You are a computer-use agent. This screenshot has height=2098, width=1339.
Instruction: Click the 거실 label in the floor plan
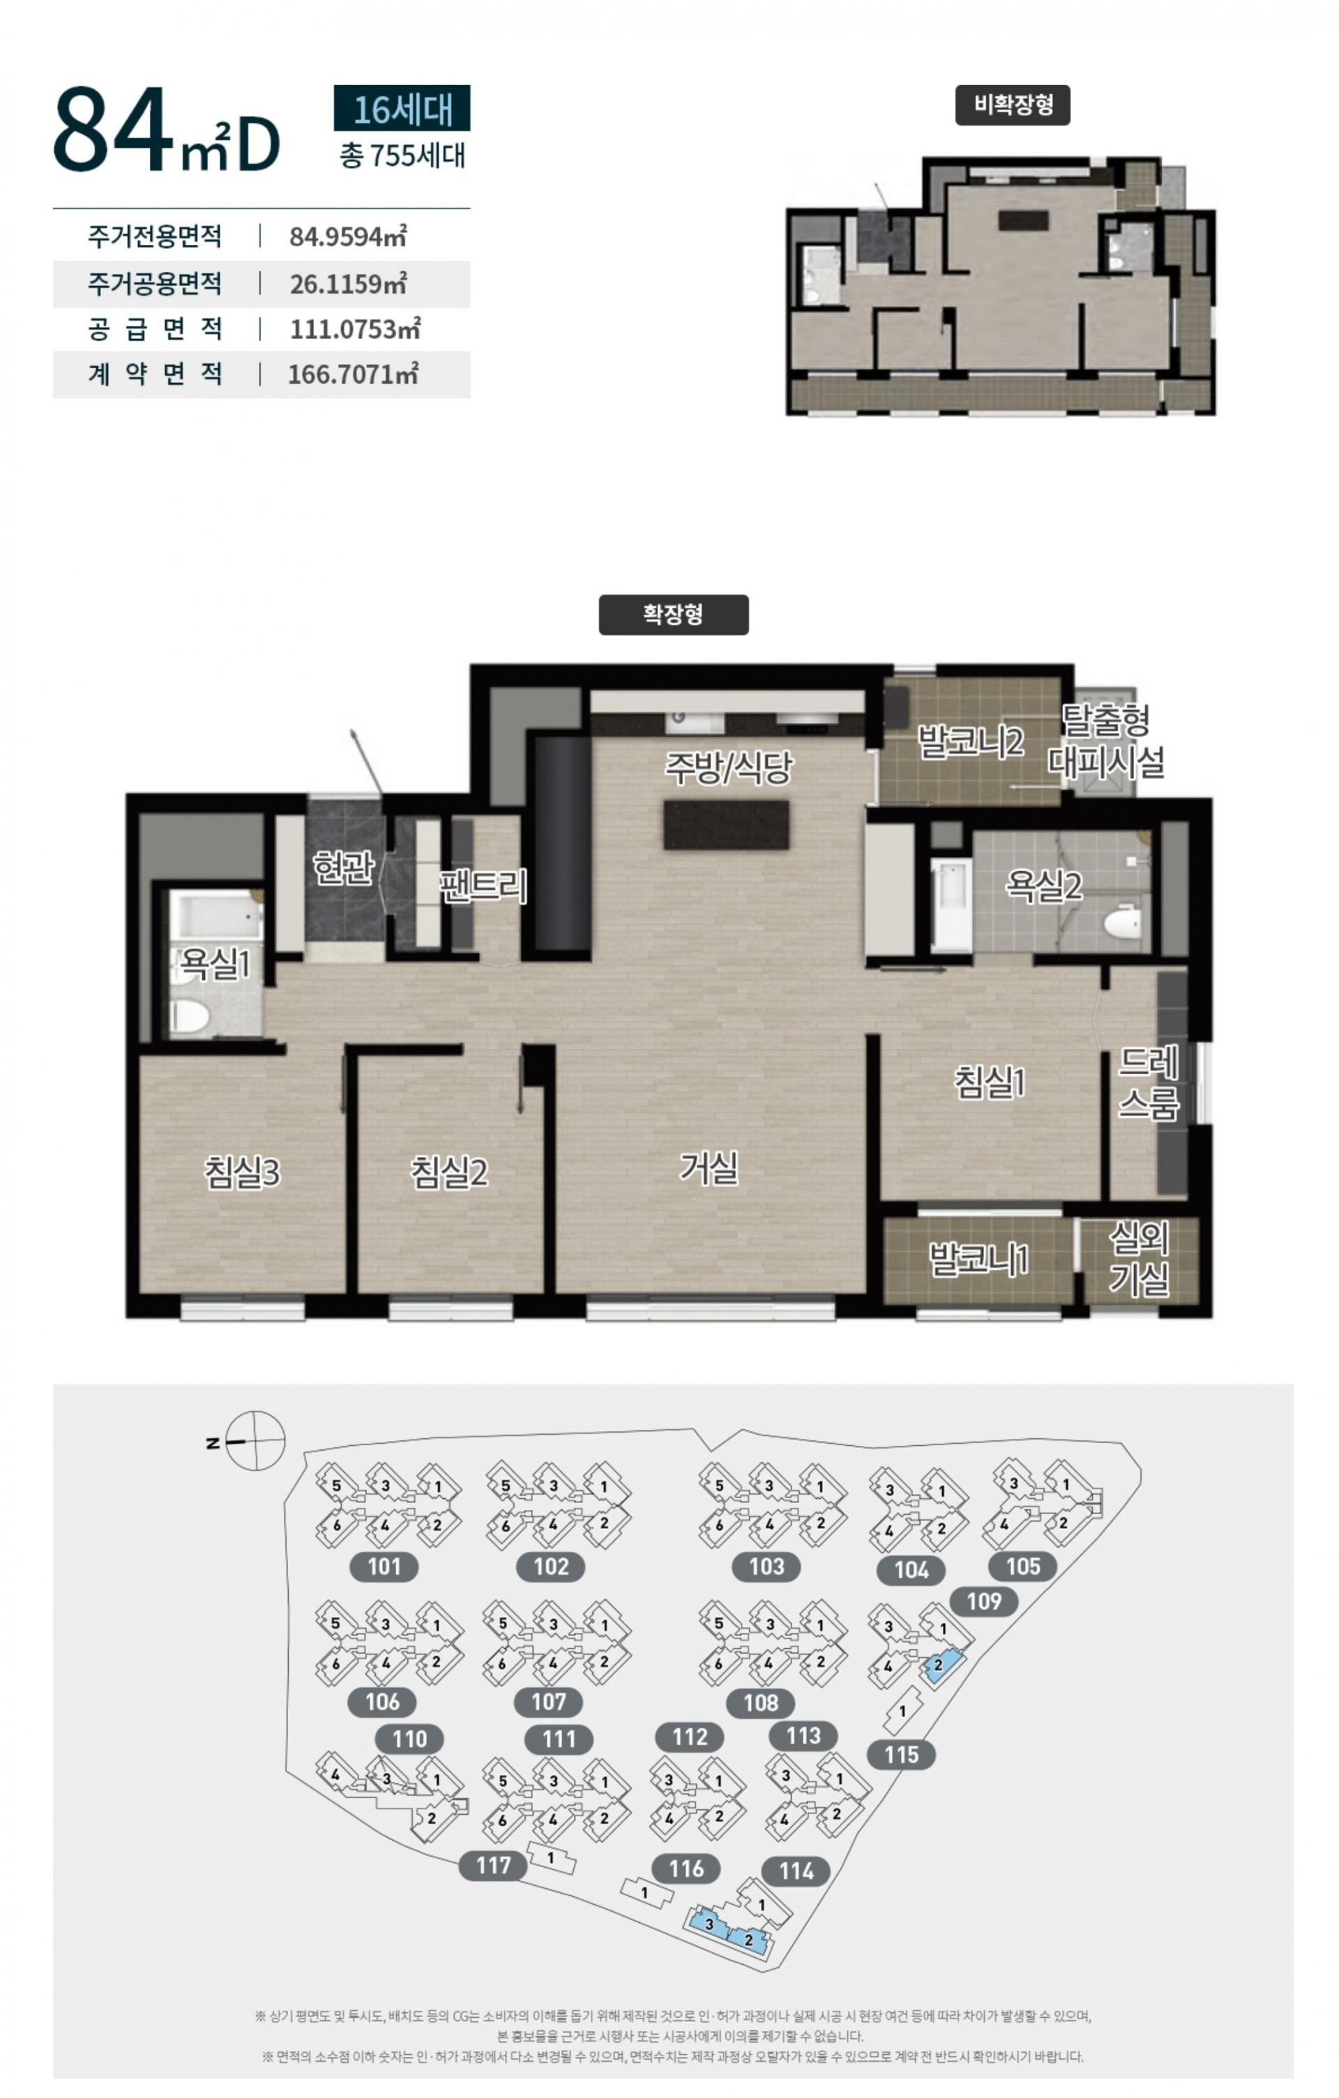(x=709, y=1168)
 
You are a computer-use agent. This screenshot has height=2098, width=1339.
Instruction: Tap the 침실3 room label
(x=242, y=1172)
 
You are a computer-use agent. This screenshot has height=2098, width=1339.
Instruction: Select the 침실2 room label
(x=448, y=1172)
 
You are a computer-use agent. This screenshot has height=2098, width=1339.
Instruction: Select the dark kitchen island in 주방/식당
(x=727, y=825)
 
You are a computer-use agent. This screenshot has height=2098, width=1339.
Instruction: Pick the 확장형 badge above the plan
(x=674, y=614)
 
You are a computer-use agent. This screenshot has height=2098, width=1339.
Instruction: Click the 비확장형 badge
(x=1013, y=105)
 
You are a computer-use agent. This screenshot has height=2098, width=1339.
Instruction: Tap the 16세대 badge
(x=402, y=109)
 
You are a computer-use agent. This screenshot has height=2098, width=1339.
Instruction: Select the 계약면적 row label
(x=155, y=375)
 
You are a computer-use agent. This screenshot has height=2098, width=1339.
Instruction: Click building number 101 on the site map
(x=384, y=1567)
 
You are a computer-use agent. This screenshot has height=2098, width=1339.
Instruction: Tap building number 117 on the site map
(x=493, y=1865)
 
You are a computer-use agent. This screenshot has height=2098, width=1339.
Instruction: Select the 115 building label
(x=902, y=1755)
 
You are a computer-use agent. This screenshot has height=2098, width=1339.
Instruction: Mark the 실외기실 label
(x=1139, y=1258)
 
